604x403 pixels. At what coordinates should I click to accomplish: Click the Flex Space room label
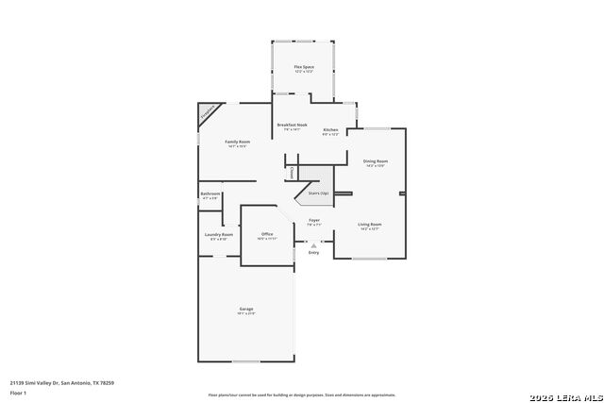(303, 67)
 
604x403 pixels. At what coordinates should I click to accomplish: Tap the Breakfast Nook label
(292, 126)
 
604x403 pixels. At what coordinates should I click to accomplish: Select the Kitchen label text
(330, 129)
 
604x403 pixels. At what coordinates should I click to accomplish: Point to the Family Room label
(237, 142)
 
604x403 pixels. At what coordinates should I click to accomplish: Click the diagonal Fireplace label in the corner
(207, 113)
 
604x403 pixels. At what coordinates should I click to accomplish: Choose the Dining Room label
(376, 161)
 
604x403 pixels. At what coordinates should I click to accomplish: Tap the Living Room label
(369, 225)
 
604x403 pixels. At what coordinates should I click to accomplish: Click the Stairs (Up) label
(318, 193)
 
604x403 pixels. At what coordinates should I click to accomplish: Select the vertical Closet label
(292, 173)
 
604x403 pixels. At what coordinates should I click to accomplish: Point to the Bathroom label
(210, 194)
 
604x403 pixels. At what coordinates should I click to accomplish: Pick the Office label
(267, 234)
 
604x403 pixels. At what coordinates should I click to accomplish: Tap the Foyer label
(314, 221)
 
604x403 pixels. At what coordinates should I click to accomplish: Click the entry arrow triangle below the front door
(314, 244)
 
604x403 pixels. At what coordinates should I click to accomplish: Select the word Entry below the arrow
(314, 252)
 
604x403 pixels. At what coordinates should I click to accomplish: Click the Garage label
(246, 310)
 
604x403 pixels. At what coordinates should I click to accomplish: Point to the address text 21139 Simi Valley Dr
(62, 383)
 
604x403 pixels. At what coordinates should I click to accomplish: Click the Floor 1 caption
(19, 393)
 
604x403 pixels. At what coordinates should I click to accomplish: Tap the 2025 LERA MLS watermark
(563, 395)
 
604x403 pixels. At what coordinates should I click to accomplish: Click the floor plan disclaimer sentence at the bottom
(302, 395)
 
